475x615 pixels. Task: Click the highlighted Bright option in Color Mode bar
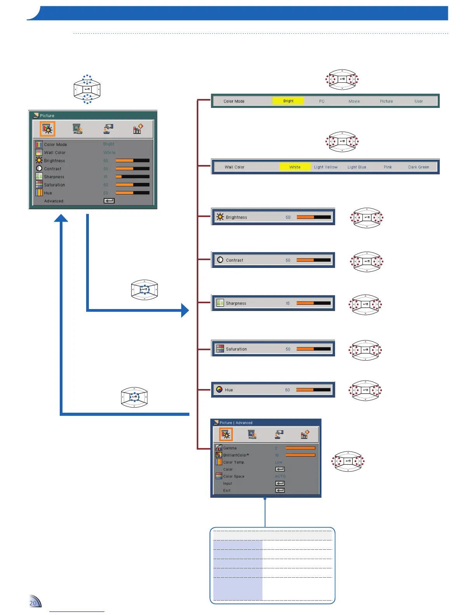[x=288, y=101]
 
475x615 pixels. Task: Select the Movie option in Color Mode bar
[x=354, y=101]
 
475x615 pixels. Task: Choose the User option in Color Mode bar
[x=418, y=101]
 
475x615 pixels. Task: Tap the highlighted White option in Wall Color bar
[x=295, y=167]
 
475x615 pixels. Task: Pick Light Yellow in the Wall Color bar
[x=326, y=167]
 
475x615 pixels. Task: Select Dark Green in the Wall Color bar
[x=418, y=167]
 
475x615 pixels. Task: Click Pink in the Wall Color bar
[x=388, y=167]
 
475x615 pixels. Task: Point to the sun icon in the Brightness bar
[x=220, y=217]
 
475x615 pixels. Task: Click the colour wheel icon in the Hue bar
[x=219, y=389]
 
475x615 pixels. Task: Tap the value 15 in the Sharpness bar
[x=288, y=303]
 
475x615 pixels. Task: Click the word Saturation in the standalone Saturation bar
[x=236, y=349]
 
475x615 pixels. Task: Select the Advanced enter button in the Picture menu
[x=109, y=201]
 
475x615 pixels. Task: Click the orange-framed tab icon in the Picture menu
[x=48, y=129]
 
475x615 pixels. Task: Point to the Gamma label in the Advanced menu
[x=230, y=448]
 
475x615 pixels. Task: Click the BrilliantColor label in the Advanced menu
[x=236, y=455]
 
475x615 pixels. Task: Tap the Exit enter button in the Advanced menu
[x=280, y=490]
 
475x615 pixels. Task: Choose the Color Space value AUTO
[x=280, y=476]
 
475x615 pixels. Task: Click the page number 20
[x=33, y=603]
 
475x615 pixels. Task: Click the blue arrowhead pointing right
[x=185, y=310]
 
